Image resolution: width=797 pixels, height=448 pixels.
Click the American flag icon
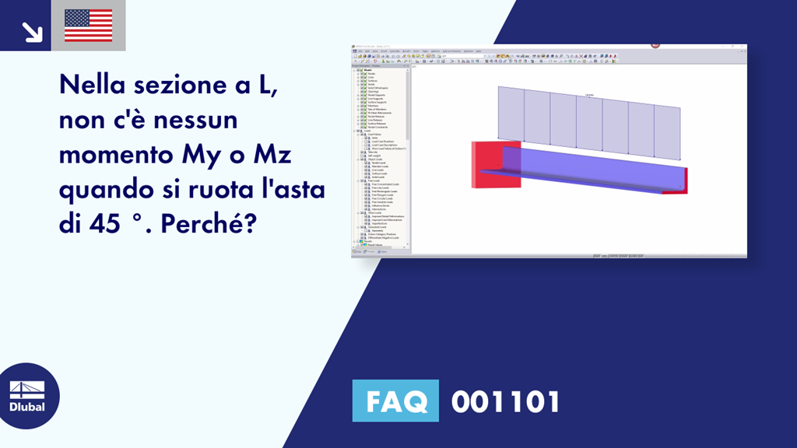pos(89,26)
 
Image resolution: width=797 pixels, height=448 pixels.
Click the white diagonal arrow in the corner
pos(32,31)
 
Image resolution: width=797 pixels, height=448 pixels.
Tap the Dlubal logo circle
pos(27,396)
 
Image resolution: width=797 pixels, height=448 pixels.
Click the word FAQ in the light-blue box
pos(395,402)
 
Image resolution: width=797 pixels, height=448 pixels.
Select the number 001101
pos(505,402)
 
